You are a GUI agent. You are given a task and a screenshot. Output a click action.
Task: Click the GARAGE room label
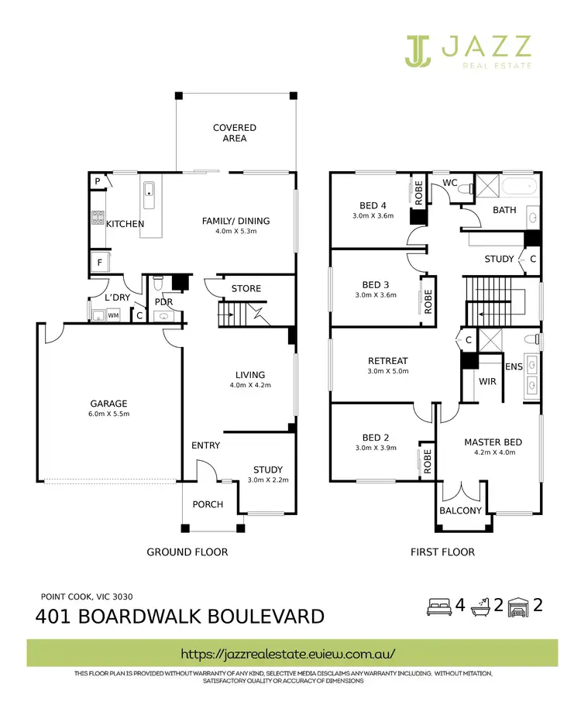pos(108,404)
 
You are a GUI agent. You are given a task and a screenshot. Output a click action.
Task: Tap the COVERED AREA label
pos(235,132)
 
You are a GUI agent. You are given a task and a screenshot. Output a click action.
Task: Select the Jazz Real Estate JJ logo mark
pos(418,50)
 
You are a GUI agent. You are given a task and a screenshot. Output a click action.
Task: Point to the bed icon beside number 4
pos(438,607)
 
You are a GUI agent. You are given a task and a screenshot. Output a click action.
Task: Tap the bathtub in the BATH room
pos(517,187)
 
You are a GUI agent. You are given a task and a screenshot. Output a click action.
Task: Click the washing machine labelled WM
pos(113,315)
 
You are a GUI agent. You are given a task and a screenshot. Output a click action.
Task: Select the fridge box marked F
pos(100,263)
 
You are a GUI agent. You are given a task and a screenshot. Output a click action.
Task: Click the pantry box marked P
pos(98,181)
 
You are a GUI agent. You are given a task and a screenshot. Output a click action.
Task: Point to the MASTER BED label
pos(493,442)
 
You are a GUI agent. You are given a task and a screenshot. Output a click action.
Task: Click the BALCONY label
pos(461,510)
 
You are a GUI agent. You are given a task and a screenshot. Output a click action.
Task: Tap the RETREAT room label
pos(387,361)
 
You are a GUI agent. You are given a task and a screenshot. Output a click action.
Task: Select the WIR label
pos(487,382)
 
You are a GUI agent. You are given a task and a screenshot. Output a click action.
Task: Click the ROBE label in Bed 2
pos(427,462)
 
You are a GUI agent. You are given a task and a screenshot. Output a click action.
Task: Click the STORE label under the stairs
pos(246,289)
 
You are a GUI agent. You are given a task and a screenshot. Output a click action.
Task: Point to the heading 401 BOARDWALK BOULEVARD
pos(180,617)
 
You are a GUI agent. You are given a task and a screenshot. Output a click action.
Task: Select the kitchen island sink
pos(150,192)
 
